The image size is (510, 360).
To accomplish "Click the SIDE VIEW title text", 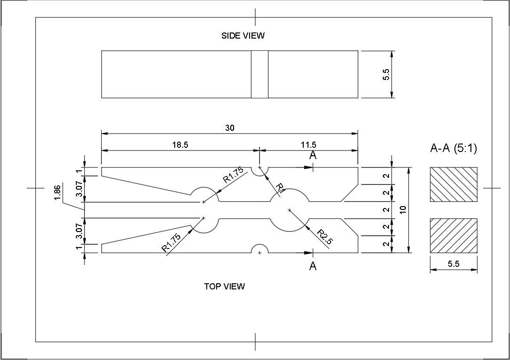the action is (243, 35).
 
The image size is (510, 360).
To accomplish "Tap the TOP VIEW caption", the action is (225, 286).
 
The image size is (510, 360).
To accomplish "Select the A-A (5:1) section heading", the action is (453, 149).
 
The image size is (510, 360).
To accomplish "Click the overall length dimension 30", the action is (230, 128).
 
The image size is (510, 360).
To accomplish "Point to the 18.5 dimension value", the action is (180, 145).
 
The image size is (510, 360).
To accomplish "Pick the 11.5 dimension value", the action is (308, 145).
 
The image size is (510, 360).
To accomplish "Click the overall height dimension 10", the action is (403, 210).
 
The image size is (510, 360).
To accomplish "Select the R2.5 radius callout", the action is (324, 237).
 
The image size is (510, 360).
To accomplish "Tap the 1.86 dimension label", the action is (57, 193).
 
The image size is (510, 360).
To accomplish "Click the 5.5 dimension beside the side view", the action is (386, 74).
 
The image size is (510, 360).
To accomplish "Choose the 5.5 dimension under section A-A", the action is (453, 264).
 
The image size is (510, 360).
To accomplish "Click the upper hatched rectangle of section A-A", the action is (454, 184).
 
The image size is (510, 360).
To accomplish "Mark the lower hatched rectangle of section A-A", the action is (454, 236).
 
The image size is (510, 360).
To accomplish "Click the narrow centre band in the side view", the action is (259, 74).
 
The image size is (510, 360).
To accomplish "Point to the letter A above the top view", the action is (313, 155).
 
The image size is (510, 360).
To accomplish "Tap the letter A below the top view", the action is (313, 266).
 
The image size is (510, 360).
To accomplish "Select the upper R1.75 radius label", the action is (233, 175).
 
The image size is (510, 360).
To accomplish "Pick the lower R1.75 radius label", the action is (171, 243).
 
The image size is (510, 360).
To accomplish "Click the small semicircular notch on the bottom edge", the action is (259, 245).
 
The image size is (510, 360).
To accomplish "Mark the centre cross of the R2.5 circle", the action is (289, 210).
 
